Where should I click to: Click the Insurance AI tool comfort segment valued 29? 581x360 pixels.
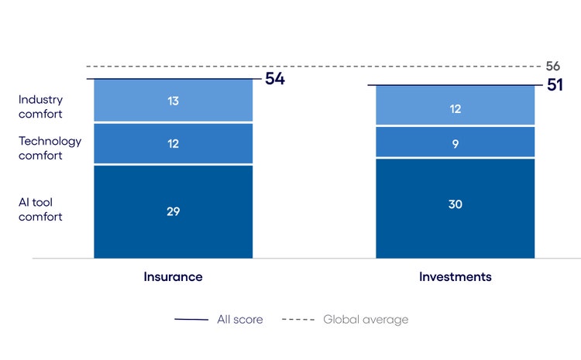173,225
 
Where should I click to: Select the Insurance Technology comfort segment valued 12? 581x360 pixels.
173,144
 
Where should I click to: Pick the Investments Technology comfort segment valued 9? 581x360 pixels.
455,142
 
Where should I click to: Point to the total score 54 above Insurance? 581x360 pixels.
275,79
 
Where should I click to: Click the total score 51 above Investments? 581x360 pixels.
555,85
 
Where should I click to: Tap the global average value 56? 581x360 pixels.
552,67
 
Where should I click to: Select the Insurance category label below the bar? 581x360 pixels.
173,276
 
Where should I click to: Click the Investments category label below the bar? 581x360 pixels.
455,276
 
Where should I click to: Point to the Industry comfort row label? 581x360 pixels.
40,107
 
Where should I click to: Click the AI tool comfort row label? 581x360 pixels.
40,209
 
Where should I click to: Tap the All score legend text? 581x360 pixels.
239,319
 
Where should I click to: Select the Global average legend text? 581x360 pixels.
365,319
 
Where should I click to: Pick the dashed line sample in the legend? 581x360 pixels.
297,319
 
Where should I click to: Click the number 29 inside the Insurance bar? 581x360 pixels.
173,211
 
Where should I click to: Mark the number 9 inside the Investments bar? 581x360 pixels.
455,142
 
